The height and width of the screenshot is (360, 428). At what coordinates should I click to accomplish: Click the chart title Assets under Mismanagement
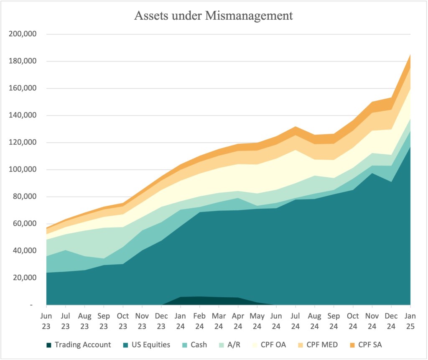point(214,16)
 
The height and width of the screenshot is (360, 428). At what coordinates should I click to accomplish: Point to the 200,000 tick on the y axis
point(23,34)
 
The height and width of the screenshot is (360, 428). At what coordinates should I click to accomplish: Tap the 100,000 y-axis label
point(23,169)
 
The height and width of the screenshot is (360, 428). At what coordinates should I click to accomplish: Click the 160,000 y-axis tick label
point(23,88)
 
